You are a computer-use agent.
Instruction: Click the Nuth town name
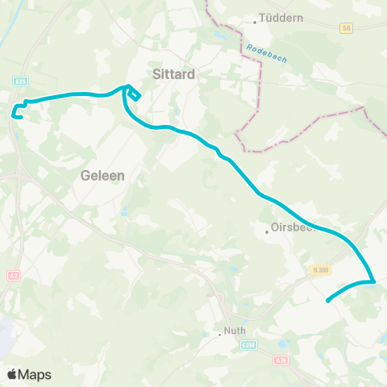(x=234, y=334)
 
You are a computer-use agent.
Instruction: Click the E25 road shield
(x=22, y=82)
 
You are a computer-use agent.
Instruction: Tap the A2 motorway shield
(x=13, y=276)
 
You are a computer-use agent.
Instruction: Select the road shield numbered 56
(x=347, y=27)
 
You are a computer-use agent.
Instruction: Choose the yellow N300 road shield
(x=320, y=270)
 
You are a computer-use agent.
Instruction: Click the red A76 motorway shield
(x=281, y=361)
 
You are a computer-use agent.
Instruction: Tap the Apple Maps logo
(x=30, y=374)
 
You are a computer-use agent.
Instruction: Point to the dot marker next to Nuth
(x=219, y=334)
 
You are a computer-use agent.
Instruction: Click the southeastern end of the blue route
(x=327, y=302)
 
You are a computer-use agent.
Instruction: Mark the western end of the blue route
(x=13, y=114)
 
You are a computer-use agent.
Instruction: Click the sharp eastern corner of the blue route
(x=375, y=281)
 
